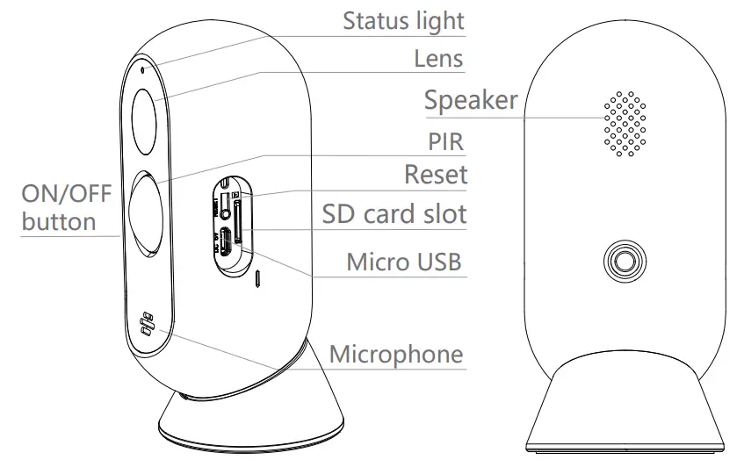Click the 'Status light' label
pyautogui.click(x=403, y=19)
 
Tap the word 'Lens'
pyautogui.click(x=438, y=59)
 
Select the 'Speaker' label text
pyautogui.click(x=471, y=100)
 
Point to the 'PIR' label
pyautogui.click(x=445, y=141)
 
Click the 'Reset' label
pyautogui.click(x=436, y=174)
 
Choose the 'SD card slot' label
pyautogui.click(x=394, y=213)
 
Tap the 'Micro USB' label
pyautogui.click(x=403, y=261)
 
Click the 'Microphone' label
pyautogui.click(x=395, y=355)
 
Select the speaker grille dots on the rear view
pyautogui.click(x=624, y=124)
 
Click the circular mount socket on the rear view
pyautogui.click(x=624, y=262)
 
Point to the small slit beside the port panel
pyautogui.click(x=257, y=279)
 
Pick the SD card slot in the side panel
pyautogui.click(x=239, y=215)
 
